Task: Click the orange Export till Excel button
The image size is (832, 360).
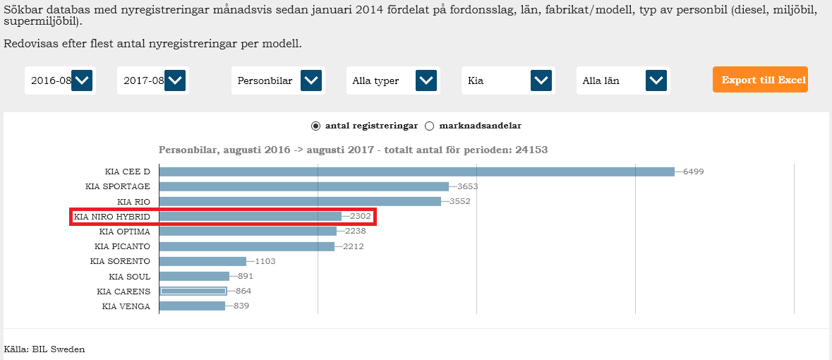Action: pos(760,80)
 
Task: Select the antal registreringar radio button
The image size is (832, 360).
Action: pos(315,126)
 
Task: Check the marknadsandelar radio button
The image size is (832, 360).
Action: pos(429,126)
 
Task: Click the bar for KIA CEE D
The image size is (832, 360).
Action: pos(416,172)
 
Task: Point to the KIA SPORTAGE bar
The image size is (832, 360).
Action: pos(304,186)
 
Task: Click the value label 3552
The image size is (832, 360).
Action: pos(459,202)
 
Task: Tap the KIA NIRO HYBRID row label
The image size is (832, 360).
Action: pos(112,217)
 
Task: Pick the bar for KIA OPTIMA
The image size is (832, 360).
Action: pos(248,232)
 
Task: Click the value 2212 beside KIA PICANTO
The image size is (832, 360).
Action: pos(353,246)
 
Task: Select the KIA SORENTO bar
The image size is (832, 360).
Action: pos(203,261)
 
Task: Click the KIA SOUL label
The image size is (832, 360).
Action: pos(129,277)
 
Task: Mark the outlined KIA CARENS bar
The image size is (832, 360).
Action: pos(193,291)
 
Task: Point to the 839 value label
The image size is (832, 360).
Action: pos(241,306)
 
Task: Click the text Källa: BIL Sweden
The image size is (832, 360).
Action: pos(44,349)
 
